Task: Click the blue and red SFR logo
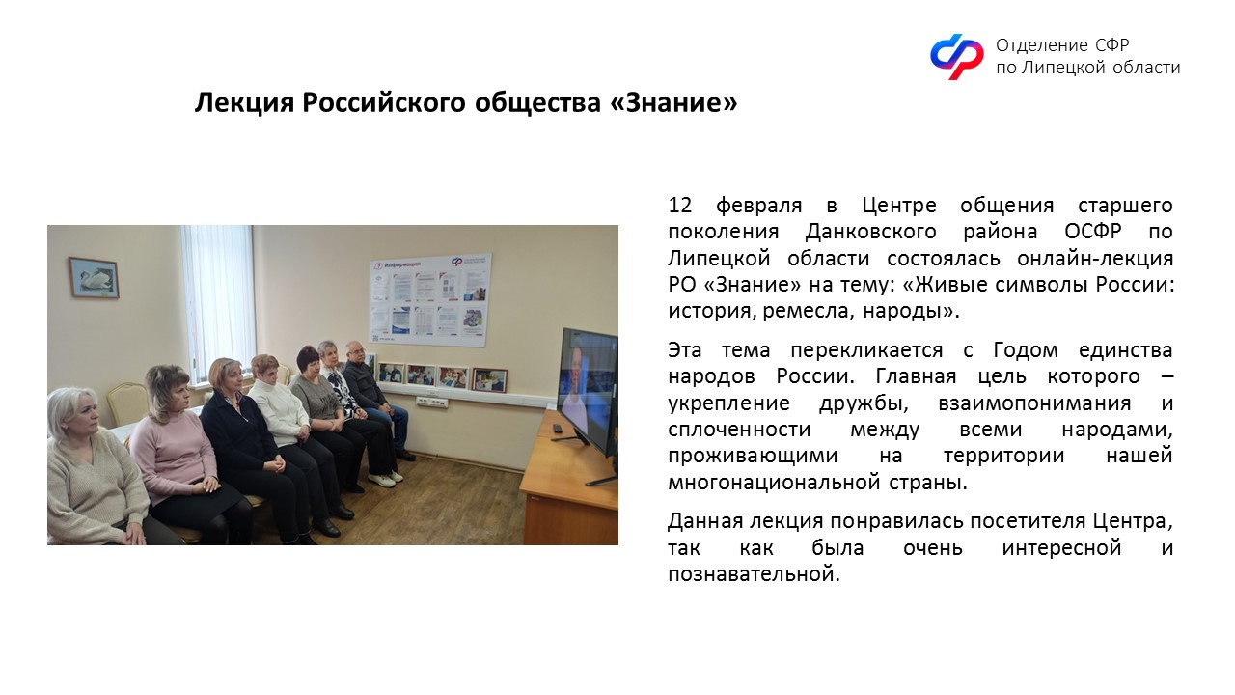click(956, 56)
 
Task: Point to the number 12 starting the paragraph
click(680, 206)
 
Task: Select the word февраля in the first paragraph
click(758, 207)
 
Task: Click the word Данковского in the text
click(870, 232)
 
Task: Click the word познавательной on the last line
click(754, 574)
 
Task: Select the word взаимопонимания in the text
click(1034, 403)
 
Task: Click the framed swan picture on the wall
click(94, 277)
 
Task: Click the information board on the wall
click(430, 299)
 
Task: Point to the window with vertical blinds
click(218, 303)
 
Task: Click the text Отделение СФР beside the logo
click(1062, 44)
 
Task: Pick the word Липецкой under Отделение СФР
click(1062, 68)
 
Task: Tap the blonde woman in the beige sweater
click(94, 469)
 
